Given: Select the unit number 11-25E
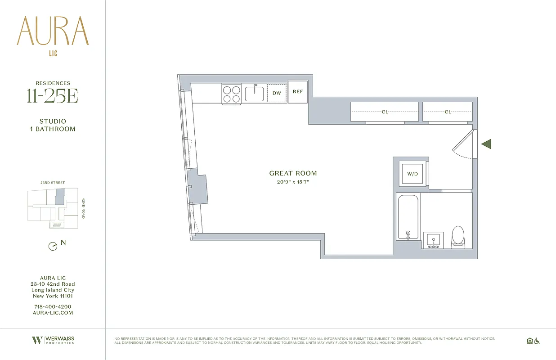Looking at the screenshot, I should (x=53, y=96).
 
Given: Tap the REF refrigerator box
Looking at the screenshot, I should (x=298, y=92).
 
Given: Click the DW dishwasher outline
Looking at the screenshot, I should (x=277, y=93).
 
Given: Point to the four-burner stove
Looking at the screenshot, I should (x=232, y=94).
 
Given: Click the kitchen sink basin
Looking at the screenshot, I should (x=255, y=93).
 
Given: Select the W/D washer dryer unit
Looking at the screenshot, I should (x=413, y=174).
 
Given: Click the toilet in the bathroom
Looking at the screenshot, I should (x=458, y=236).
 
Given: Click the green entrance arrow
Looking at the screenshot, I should (x=486, y=144).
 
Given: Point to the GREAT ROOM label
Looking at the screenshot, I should (x=293, y=173).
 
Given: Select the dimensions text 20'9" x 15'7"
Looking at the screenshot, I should (x=293, y=182).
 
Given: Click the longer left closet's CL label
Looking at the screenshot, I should (x=385, y=112).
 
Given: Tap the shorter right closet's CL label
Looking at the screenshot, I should (x=448, y=112).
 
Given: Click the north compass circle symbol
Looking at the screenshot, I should (x=53, y=246).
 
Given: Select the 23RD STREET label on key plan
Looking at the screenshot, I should (x=53, y=183).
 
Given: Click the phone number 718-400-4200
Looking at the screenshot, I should (x=53, y=306).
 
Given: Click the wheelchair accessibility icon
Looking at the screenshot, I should (x=536, y=341).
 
